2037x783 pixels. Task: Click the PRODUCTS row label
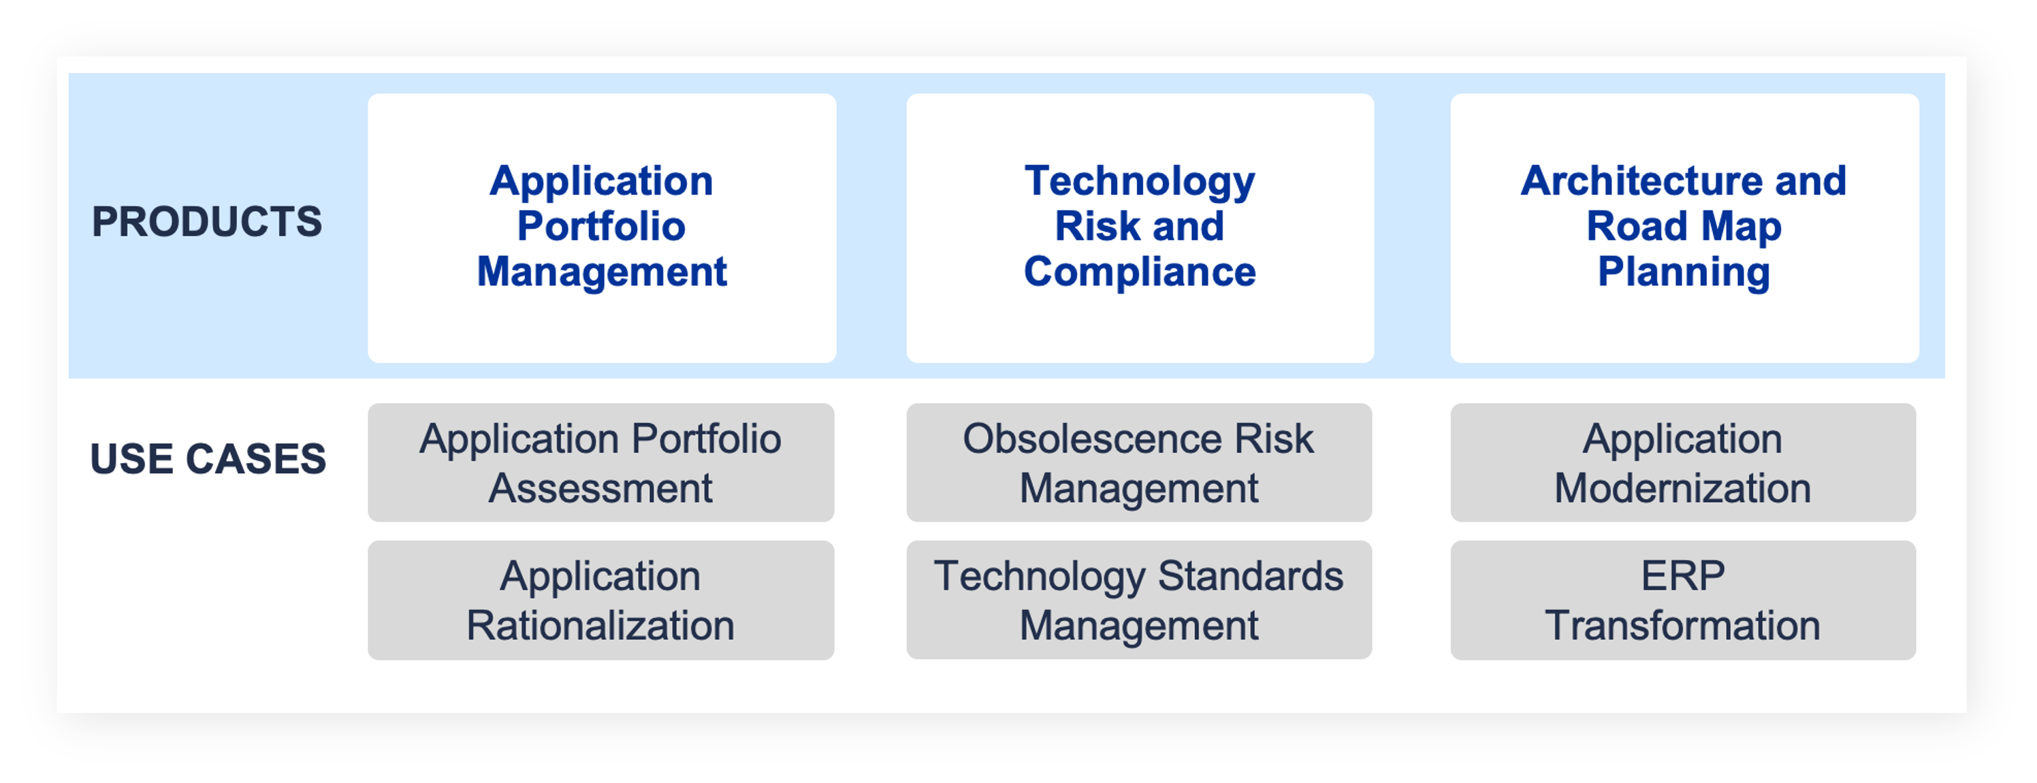point(207,221)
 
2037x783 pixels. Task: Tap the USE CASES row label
point(208,459)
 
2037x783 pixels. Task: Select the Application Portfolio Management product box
point(602,228)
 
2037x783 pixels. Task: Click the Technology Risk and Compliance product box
point(1140,228)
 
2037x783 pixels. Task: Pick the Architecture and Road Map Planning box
point(1684,228)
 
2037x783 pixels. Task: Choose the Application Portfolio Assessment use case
point(601,463)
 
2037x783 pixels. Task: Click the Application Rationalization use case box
point(601,601)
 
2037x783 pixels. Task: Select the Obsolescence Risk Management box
point(1139,463)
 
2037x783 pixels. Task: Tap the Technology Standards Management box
point(1139,601)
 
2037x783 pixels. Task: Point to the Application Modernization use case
point(1683,463)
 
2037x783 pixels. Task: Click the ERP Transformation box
point(1683,601)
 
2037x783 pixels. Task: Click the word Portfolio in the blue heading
point(601,226)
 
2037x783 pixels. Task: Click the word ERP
point(1683,576)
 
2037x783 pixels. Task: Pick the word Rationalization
point(601,626)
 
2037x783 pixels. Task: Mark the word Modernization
point(1683,488)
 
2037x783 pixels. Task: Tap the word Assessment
point(601,488)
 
